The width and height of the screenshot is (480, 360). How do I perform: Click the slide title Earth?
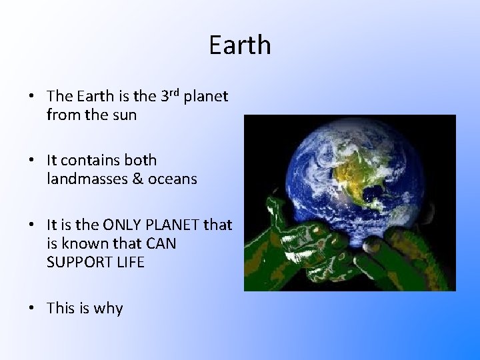pos(240,45)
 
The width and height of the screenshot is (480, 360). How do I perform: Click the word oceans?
pos(173,179)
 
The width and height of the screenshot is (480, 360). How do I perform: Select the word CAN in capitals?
pos(161,243)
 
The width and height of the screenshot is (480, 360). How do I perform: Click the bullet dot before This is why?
pos(32,308)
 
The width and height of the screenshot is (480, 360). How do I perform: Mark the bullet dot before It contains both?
pos(32,161)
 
